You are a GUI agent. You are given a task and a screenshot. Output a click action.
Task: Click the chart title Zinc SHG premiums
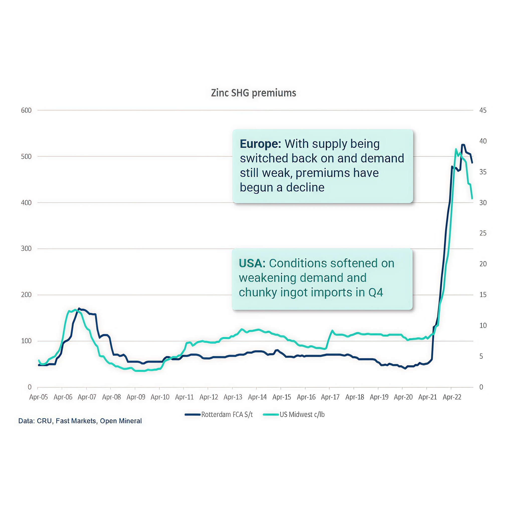pyautogui.click(x=253, y=93)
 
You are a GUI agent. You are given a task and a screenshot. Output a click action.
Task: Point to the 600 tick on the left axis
pyautogui.click(x=26, y=110)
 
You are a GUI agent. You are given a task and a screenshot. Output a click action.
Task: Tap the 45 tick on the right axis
pyautogui.click(x=483, y=110)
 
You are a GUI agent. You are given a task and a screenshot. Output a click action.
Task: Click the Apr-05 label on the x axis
pyautogui.click(x=39, y=397)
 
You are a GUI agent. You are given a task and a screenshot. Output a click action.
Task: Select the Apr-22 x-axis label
pyautogui.click(x=452, y=397)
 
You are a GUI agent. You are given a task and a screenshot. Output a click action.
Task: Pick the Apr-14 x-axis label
pyautogui.click(x=257, y=397)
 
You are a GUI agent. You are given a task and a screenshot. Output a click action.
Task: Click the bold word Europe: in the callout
pyautogui.click(x=260, y=144)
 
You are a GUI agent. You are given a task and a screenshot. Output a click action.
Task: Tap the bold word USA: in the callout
pyautogui.click(x=252, y=263)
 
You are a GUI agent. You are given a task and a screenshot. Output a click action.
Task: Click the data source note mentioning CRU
pyautogui.click(x=80, y=421)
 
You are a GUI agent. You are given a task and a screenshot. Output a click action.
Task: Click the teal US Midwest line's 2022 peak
pyautogui.click(x=456, y=149)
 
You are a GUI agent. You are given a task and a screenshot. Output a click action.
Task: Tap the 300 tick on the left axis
pyautogui.click(x=26, y=249)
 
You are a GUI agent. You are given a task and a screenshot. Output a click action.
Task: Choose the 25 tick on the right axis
pyautogui.click(x=483, y=233)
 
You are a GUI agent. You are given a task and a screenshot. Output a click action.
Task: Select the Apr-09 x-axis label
pyautogui.click(x=136, y=397)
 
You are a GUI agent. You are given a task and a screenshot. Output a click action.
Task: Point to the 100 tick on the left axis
pyautogui.click(x=26, y=341)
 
